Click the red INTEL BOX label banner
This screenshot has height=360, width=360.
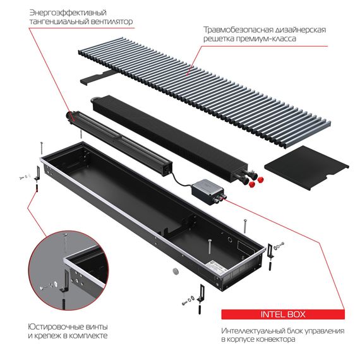pyautogui.click(x=282, y=314)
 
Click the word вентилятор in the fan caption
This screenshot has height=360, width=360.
pyautogui.click(x=112, y=21)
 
